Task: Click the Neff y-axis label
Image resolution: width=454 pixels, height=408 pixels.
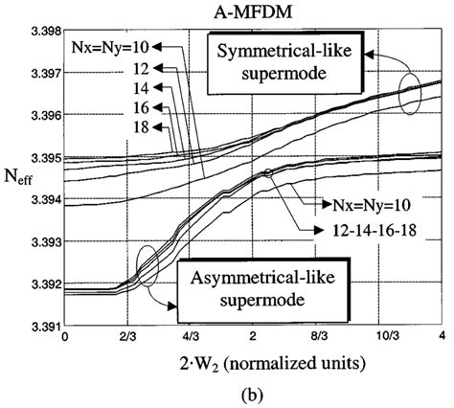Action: click(18, 179)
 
